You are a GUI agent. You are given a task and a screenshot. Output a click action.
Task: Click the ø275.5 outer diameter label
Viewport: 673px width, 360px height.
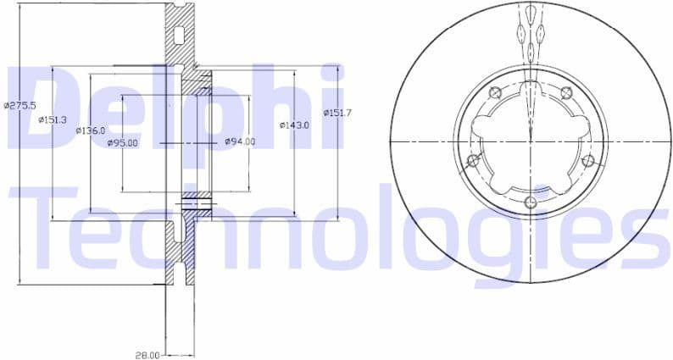19,106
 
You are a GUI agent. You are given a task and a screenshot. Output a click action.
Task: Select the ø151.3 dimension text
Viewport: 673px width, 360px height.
53,119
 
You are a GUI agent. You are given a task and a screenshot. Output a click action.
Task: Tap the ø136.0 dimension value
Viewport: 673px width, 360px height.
90,130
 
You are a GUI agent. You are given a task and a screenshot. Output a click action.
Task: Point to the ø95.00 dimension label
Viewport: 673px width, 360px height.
122,143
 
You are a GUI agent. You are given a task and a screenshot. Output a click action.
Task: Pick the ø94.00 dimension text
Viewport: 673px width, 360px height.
240,141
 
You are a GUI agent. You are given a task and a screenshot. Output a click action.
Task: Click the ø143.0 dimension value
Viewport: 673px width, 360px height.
294,125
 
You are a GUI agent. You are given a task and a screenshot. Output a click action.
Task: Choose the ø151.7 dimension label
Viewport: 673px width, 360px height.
337,113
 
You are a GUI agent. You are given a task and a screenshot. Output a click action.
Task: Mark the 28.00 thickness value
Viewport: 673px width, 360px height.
147,355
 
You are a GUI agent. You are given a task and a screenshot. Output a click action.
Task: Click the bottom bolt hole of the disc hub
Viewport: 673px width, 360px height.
531,202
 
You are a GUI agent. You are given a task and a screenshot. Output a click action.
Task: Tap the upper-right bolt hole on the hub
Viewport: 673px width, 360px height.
567,91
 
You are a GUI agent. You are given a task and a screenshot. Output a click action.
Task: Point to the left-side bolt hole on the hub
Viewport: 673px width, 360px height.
473,159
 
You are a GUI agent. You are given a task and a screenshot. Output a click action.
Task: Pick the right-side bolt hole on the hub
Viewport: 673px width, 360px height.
588,159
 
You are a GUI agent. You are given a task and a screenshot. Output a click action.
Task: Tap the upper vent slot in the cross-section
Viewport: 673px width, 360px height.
178,36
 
